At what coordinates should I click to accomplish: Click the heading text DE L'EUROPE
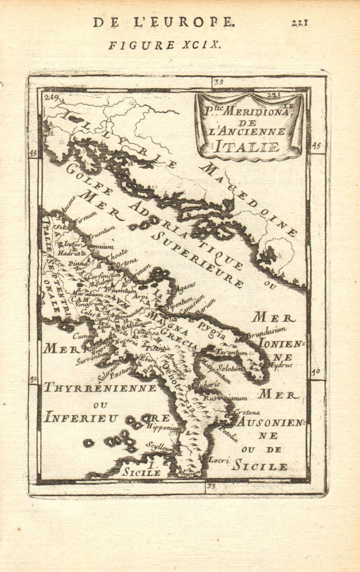[164, 22]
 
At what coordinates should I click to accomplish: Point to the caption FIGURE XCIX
[164, 45]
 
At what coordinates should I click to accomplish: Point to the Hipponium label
[164, 427]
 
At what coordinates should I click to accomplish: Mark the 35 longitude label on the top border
[218, 82]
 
